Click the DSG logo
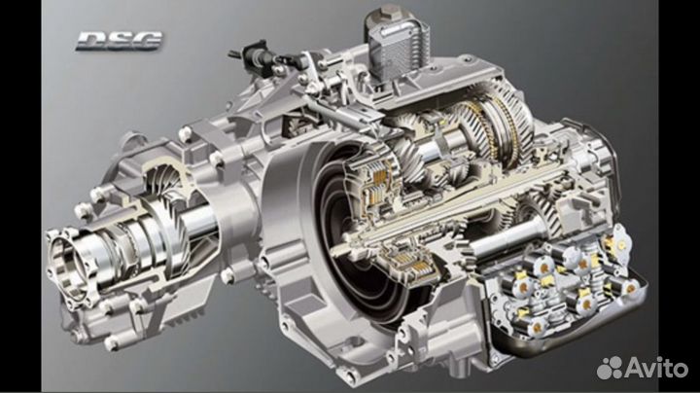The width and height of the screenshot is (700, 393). (x=120, y=41)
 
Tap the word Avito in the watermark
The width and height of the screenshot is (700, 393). (x=656, y=368)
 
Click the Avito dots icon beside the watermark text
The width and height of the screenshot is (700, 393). (x=610, y=368)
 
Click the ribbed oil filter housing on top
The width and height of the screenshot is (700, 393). (x=397, y=49)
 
